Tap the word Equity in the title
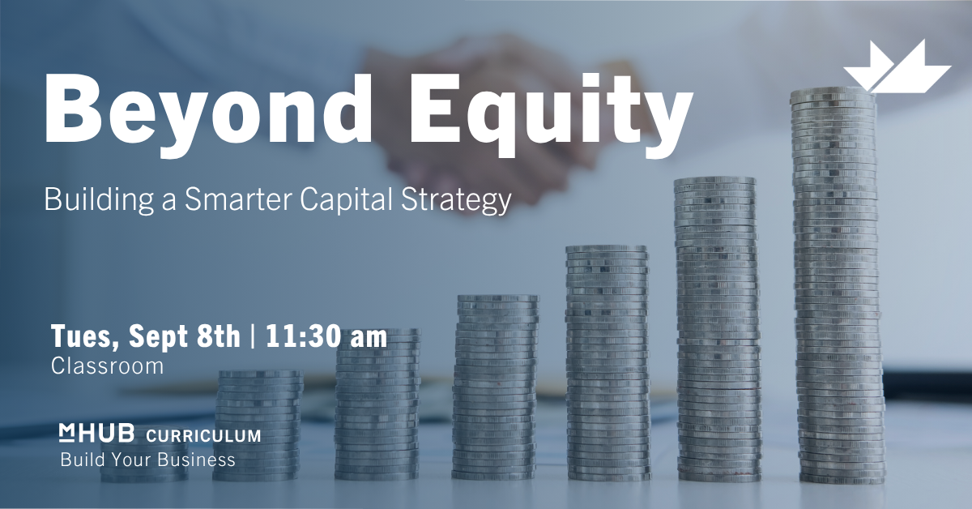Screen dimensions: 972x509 pos(550,112)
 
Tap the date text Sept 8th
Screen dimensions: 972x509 pos(184,336)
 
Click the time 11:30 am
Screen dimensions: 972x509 pos(326,336)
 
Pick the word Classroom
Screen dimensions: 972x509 pos(107,366)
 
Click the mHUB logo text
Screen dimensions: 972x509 pos(96,434)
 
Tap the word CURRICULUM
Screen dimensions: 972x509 pos(203,435)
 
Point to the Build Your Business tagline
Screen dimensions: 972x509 pos(147,460)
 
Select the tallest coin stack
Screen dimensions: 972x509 pos(838,285)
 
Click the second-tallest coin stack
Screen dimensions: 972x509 pos(718,329)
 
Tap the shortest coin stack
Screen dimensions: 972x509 pos(144,460)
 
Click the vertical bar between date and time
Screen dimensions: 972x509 pos(253,336)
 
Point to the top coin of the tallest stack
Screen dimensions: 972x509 pos(833,93)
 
